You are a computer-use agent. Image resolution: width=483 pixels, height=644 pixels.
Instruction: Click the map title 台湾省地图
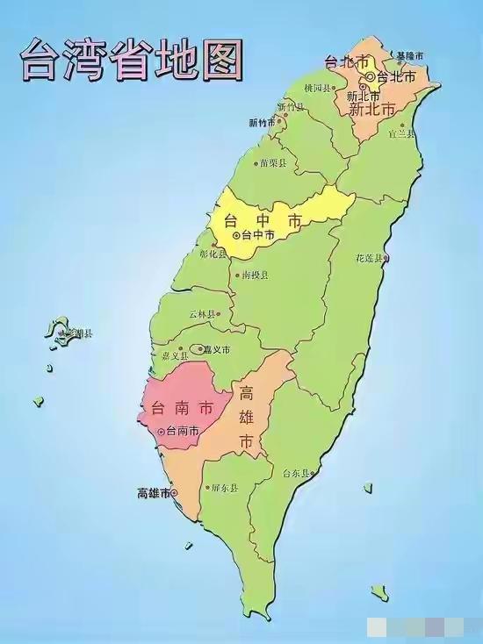pos(132,60)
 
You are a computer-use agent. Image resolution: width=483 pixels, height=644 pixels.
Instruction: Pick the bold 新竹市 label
pos(263,122)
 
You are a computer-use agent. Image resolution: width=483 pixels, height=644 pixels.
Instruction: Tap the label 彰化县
pos(213,254)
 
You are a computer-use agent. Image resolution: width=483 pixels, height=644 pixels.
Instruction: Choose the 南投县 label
pos(255,275)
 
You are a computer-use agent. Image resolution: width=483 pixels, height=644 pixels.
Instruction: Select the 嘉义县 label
pos(177,355)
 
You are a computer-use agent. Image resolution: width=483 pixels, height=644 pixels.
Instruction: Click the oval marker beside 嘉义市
pos(199,348)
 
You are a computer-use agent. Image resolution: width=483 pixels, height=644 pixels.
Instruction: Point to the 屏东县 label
pos(223,488)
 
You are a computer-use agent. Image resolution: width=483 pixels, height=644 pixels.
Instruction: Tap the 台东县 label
pos(296,473)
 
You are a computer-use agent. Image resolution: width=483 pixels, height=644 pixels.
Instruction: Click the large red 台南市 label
pos(182,408)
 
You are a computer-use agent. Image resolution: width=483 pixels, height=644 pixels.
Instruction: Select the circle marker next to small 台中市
pos(235,235)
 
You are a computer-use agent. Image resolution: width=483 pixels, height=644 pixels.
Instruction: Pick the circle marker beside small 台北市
pos(371,77)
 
